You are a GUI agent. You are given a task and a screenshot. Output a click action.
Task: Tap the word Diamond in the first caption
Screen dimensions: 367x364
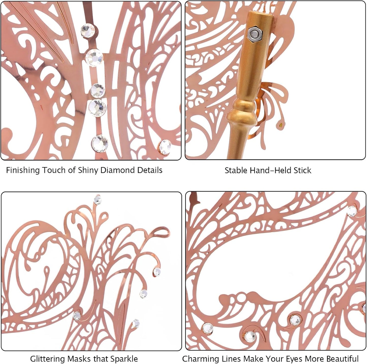pos(118,170)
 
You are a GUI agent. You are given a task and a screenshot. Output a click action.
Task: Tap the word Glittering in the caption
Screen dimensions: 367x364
pos(47,359)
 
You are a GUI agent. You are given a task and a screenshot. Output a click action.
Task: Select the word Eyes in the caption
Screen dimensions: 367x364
pos(294,359)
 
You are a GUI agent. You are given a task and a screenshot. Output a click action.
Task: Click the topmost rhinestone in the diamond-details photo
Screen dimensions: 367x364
pos(88,31)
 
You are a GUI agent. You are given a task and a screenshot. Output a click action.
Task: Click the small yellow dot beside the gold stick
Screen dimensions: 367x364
pos(281,125)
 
